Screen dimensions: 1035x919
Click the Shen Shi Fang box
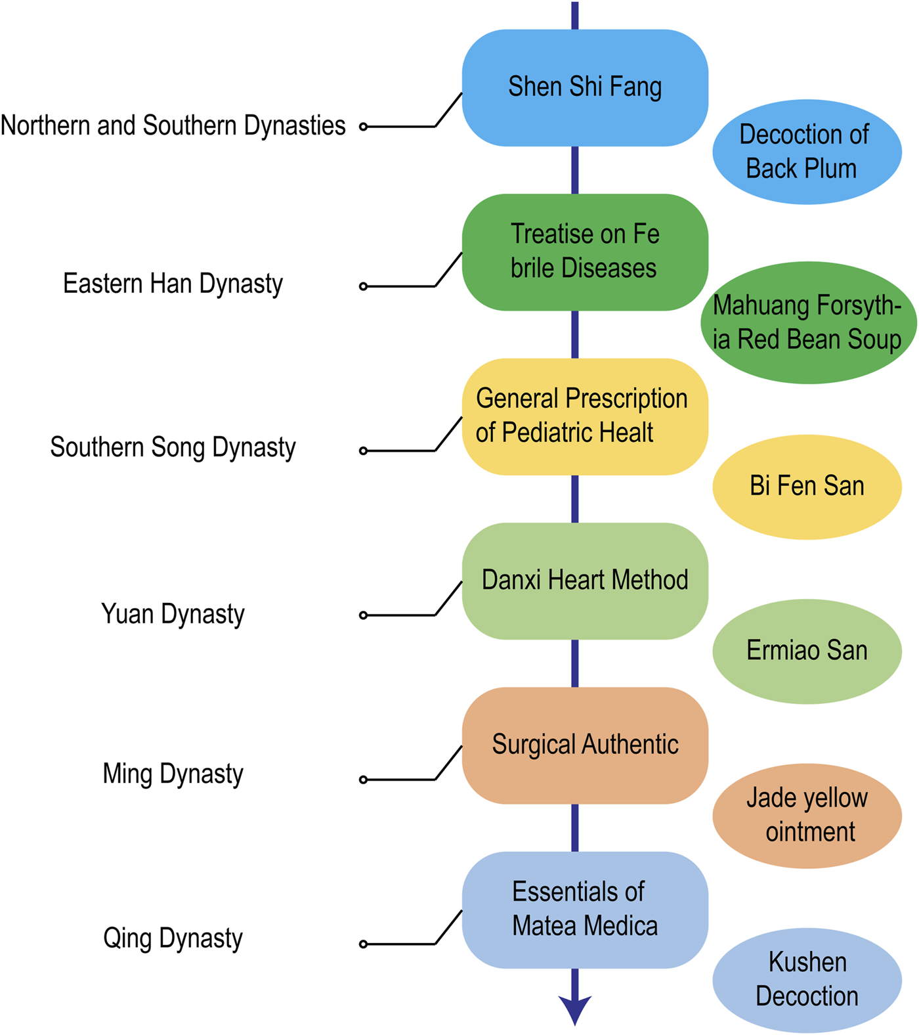point(585,87)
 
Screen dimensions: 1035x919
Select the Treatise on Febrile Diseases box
point(585,252)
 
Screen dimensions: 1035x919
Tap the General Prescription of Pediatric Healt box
point(585,416)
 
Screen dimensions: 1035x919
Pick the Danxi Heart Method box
point(585,581)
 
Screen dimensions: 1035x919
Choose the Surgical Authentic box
point(585,745)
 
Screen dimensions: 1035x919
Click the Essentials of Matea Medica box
point(585,910)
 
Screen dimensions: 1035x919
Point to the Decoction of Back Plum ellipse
point(807,152)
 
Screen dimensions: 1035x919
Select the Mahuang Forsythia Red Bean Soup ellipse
point(808,322)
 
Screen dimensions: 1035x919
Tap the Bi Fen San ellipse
point(807,487)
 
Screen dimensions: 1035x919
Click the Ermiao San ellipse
point(807,651)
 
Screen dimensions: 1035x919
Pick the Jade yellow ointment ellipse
point(807,815)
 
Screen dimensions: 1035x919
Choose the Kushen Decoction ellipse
point(807,979)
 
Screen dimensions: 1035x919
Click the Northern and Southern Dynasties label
point(173,125)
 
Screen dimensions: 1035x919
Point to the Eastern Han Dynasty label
point(173,284)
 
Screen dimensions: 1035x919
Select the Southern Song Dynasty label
point(173,448)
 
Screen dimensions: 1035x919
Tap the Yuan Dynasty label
point(173,614)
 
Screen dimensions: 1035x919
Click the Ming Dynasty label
point(173,774)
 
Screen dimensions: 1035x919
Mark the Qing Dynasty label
point(173,938)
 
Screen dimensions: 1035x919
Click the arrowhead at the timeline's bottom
point(575,1009)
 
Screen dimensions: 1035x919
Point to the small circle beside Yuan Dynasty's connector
point(363,615)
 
